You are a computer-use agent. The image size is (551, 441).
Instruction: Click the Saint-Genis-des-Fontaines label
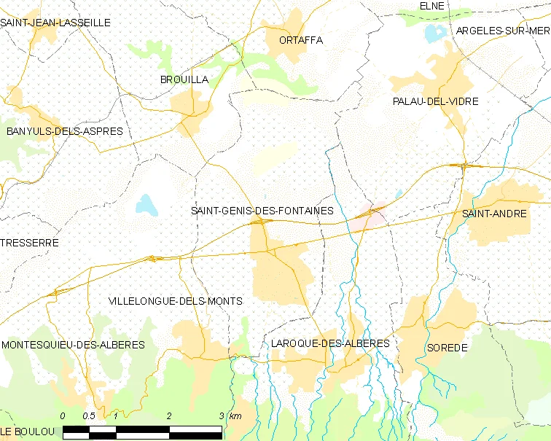[x=262, y=211]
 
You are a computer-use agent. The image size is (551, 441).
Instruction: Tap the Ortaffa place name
[x=300, y=40]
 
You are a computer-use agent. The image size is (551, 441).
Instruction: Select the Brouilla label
[x=184, y=79]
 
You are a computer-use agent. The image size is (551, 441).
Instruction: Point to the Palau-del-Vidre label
[x=435, y=101]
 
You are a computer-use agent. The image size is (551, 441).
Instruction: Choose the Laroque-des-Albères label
[x=329, y=343]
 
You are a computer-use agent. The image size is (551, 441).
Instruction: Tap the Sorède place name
[x=448, y=348]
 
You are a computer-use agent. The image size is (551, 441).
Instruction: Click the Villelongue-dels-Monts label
[x=175, y=300]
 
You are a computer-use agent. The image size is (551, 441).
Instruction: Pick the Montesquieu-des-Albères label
[x=73, y=344]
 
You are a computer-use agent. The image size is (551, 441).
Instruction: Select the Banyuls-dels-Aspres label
[x=64, y=131]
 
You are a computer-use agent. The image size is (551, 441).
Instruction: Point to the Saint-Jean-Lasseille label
[x=55, y=23]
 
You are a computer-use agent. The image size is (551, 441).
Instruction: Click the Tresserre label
[x=29, y=242]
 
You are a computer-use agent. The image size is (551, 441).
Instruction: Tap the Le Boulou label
[x=28, y=432]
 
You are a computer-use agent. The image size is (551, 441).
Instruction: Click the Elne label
[x=432, y=6]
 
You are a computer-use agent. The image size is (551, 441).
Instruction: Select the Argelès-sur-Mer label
[x=502, y=31]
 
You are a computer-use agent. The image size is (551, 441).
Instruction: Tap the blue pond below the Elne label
[x=435, y=33]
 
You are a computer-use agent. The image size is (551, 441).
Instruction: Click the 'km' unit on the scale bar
[x=235, y=415]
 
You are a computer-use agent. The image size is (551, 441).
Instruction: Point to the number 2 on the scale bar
[x=168, y=415]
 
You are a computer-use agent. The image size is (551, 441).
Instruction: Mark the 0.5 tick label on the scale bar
[x=89, y=415]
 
